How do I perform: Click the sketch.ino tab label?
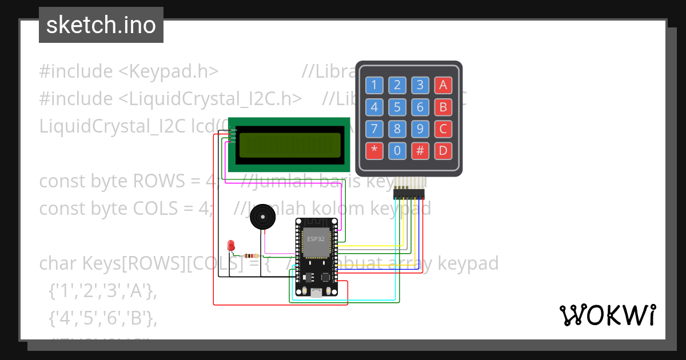tap(101, 25)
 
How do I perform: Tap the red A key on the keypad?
tap(442, 86)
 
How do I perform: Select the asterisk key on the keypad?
tap(374, 151)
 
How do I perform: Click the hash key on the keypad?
tap(420, 151)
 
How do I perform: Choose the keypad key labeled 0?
tap(397, 151)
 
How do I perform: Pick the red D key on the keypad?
tap(442, 151)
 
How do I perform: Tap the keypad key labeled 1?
tap(374, 86)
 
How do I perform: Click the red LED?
tap(231, 245)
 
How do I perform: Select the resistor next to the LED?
tap(250, 255)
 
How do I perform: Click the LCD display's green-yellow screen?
tap(290, 145)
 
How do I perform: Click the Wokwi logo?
tap(607, 315)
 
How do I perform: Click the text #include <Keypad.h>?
tap(129, 71)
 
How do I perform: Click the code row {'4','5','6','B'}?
tap(102, 318)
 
